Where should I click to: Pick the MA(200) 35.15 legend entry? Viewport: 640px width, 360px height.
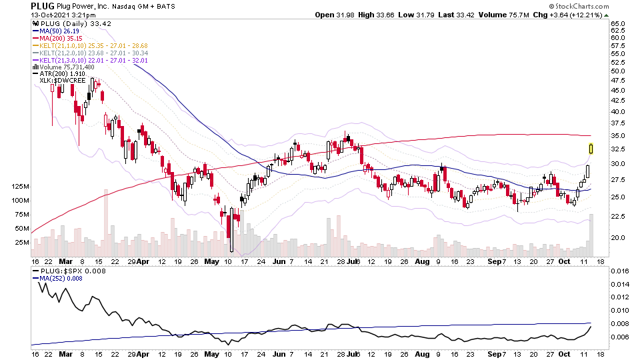(61, 38)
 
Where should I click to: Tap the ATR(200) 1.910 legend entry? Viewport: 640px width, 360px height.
(61, 74)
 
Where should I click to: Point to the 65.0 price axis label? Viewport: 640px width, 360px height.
(618, 23)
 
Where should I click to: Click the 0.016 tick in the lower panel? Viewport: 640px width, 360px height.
(620, 271)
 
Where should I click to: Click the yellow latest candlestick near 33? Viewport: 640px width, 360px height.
(591, 148)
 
